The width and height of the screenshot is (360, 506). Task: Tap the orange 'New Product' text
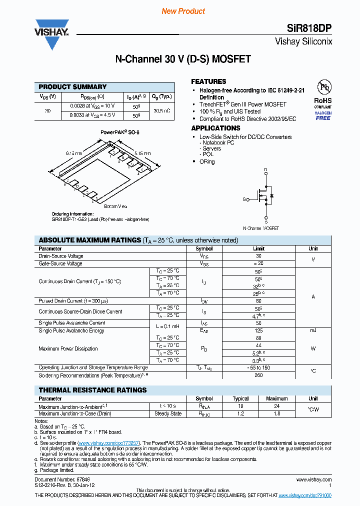click(x=183, y=11)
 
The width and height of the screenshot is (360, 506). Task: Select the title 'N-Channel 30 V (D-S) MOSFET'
click(x=183, y=59)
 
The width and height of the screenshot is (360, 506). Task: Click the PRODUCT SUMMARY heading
click(x=72, y=86)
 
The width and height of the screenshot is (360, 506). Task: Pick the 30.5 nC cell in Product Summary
click(x=162, y=110)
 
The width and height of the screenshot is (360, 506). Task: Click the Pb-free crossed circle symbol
click(x=325, y=87)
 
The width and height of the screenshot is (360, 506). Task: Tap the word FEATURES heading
click(x=208, y=81)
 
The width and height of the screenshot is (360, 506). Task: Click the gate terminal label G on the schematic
click(x=244, y=199)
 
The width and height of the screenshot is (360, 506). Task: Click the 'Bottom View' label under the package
click(x=115, y=206)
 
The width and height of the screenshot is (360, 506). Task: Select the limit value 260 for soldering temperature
click(x=258, y=375)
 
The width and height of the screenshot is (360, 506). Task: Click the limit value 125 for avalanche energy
click(x=258, y=330)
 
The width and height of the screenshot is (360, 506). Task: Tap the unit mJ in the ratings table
click(x=313, y=330)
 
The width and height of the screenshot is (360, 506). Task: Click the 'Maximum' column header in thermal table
click(x=276, y=398)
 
